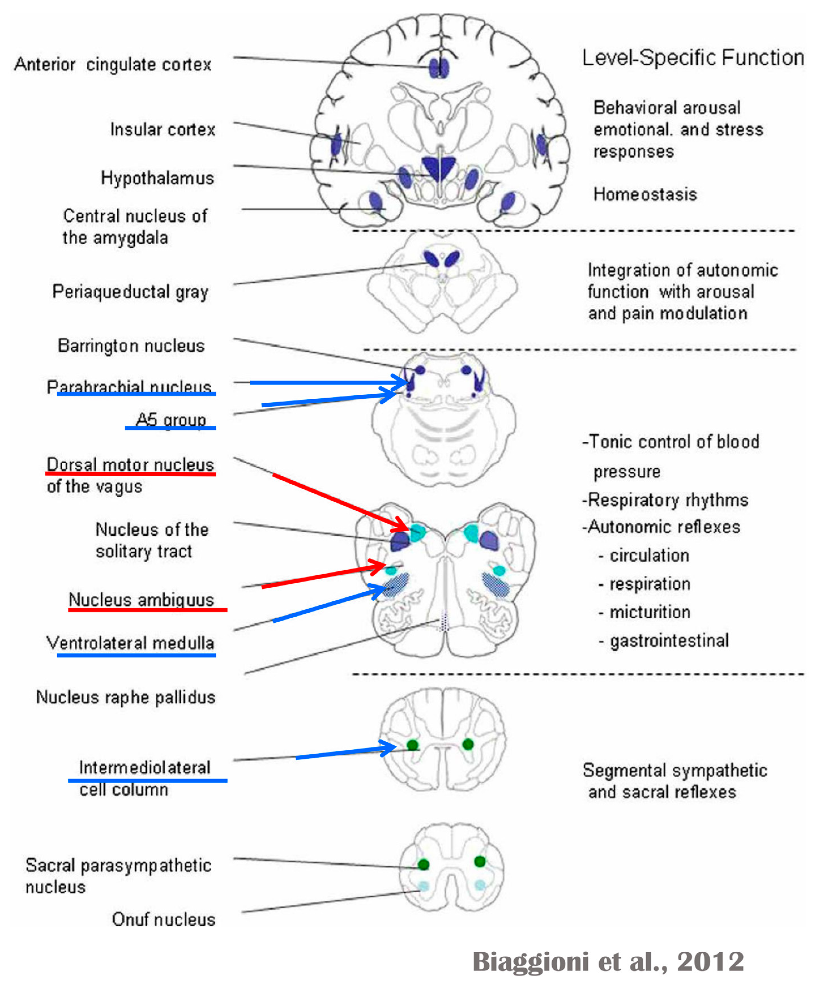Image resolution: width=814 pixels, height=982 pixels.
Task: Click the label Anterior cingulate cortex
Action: click(113, 64)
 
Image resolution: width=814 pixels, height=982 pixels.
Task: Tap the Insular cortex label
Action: click(162, 129)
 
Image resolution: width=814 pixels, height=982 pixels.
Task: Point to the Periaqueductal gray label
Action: click(130, 292)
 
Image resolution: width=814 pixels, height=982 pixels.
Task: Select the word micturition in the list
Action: click(649, 612)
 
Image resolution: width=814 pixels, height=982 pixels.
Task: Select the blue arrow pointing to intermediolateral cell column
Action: click(346, 752)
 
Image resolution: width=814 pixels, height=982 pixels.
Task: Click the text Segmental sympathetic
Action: click(675, 770)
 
